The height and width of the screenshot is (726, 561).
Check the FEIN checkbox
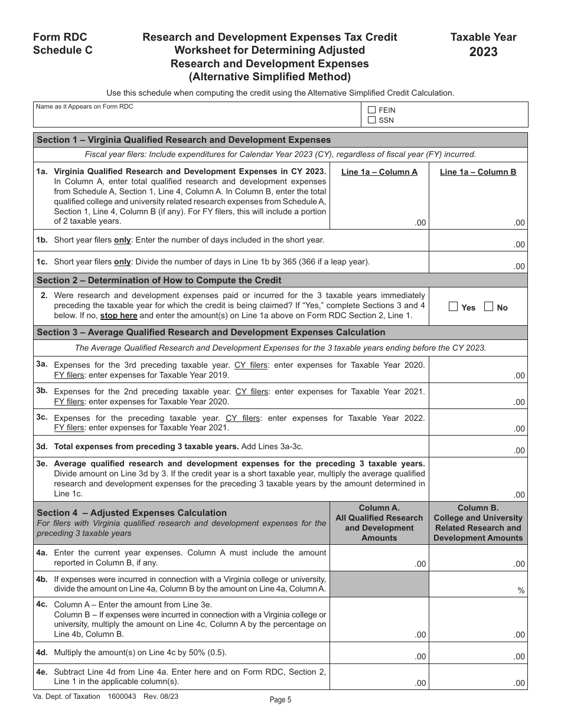pos(371,110)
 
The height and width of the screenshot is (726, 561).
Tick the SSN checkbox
pos(371,120)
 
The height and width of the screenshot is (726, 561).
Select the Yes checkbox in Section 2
pos(453,307)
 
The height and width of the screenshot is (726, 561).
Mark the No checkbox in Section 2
pos(488,307)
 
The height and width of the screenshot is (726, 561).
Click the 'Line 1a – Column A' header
pos(379,172)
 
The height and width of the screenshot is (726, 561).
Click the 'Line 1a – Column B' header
pos(478,172)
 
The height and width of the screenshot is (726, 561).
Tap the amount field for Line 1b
pos(478,240)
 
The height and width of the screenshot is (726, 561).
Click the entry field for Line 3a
pos(478,369)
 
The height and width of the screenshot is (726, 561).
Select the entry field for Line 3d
pos(478,446)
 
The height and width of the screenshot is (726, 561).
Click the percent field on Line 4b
pos(478,584)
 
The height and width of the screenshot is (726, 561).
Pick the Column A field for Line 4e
pos(379,678)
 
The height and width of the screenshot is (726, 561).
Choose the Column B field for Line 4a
pos(478,558)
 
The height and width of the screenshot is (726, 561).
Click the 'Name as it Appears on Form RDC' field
pos(197,118)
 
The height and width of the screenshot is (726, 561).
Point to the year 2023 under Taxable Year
pos(483,52)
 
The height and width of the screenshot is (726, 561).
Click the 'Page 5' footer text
pos(280,700)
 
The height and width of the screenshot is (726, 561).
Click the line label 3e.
pos(42,464)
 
